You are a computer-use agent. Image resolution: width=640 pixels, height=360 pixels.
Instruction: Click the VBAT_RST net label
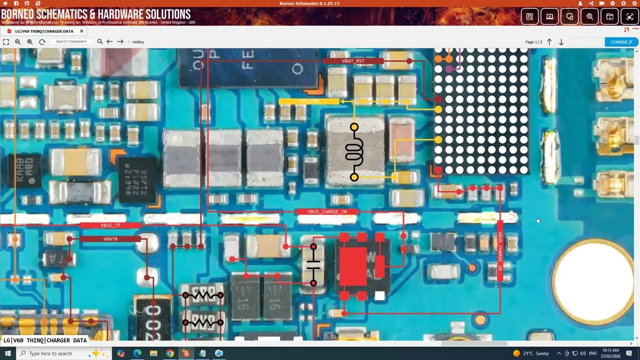[353, 61]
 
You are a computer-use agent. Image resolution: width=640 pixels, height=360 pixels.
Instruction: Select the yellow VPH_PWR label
[308, 101]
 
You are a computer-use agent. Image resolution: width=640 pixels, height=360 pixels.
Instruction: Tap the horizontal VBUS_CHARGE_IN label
[327, 212]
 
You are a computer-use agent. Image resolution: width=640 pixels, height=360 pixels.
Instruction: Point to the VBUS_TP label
[110, 225]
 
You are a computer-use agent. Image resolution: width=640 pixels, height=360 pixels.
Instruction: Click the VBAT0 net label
[110, 239]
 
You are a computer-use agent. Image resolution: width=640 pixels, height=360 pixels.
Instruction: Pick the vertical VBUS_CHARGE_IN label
[499, 250]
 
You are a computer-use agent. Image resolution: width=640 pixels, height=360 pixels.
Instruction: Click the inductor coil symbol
[354, 152]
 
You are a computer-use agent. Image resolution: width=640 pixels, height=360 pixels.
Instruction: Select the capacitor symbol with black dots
[313, 265]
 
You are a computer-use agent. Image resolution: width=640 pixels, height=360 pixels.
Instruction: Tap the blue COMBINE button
[621, 42]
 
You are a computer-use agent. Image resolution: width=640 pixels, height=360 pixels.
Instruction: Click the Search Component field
[71, 41]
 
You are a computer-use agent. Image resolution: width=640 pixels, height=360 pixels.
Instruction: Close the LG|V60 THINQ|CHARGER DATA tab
[81, 31]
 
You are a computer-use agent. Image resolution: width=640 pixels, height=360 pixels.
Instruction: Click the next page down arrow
[561, 42]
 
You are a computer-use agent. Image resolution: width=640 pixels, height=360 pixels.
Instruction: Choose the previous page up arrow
[549, 42]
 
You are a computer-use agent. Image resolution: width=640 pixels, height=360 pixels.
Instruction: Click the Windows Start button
[7, 353]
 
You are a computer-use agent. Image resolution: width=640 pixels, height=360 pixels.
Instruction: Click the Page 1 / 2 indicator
[533, 42]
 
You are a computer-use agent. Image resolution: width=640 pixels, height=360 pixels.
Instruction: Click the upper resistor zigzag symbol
[202, 295]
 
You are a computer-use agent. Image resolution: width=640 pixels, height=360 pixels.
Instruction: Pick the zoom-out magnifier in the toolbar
[18, 42]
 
